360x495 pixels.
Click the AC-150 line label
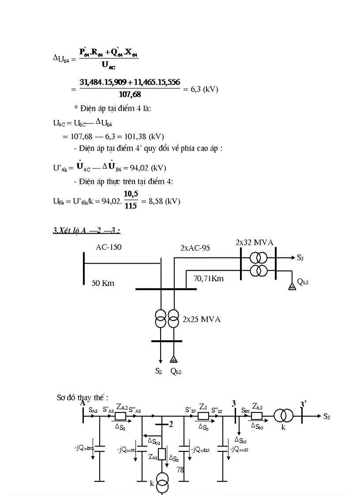[109, 247]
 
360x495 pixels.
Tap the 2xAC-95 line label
[195, 248]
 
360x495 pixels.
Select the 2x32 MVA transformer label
[254, 242]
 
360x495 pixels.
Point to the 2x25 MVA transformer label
[201, 319]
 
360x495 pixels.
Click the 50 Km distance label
[103, 283]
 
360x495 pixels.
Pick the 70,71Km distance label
[208, 278]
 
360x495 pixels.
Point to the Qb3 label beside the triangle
[303, 282]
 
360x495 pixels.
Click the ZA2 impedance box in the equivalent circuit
[120, 415]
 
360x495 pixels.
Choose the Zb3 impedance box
[257, 415]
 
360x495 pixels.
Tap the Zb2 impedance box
[162, 454]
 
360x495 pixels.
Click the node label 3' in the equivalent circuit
[304, 404]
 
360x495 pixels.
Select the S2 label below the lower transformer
[159, 371]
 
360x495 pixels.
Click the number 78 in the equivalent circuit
[180, 470]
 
